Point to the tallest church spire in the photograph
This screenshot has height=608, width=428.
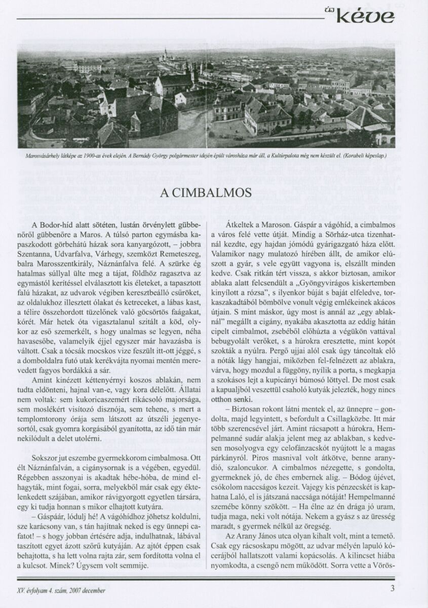(166, 53)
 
